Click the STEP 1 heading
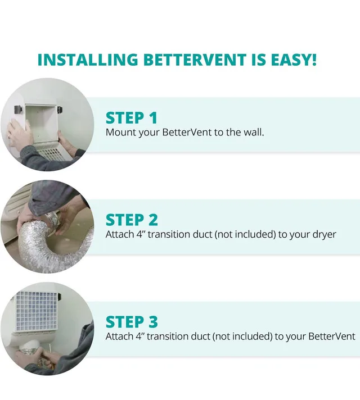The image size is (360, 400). click(132, 117)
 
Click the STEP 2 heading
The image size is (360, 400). click(132, 219)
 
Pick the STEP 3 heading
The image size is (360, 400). click(132, 321)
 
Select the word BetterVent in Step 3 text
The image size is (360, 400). click(332, 337)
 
